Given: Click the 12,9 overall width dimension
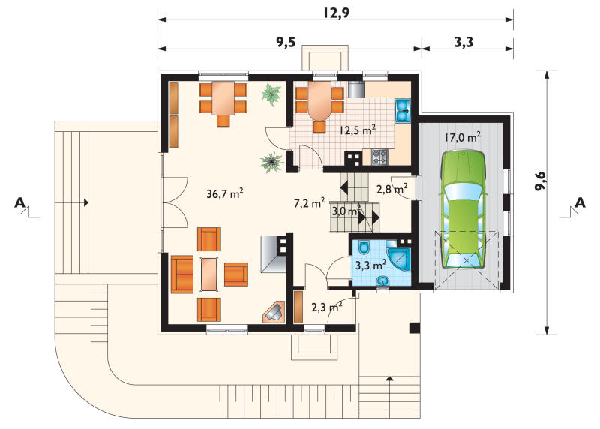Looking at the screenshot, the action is pyautogui.click(x=336, y=13).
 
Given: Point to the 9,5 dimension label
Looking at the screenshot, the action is pyautogui.click(x=286, y=42).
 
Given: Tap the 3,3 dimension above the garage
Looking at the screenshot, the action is pyautogui.click(x=463, y=42).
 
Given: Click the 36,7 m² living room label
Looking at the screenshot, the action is pyautogui.click(x=225, y=193).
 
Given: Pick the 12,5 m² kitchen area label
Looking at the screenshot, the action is pyautogui.click(x=358, y=130).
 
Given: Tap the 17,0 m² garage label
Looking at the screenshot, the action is pyautogui.click(x=463, y=137).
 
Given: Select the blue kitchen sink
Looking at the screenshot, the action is pyautogui.click(x=403, y=110).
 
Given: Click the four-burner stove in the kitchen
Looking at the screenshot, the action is pyautogui.click(x=379, y=157).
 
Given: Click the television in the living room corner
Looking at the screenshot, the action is pyautogui.click(x=274, y=312).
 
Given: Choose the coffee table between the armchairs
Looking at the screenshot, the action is pyautogui.click(x=209, y=274).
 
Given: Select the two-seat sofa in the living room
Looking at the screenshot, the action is pyautogui.click(x=182, y=274).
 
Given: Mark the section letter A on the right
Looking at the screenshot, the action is pyautogui.click(x=580, y=202).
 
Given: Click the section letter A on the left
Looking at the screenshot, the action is pyautogui.click(x=20, y=202).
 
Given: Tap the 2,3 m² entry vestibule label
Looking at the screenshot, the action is pyautogui.click(x=326, y=307).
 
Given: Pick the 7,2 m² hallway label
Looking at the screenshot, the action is pyautogui.click(x=310, y=202).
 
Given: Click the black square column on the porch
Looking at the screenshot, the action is pyautogui.click(x=415, y=328).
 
